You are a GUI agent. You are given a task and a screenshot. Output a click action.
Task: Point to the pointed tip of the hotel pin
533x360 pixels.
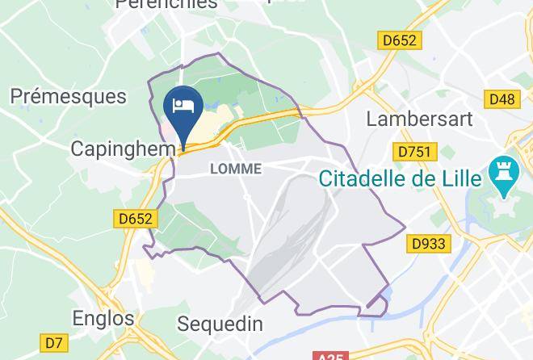183,149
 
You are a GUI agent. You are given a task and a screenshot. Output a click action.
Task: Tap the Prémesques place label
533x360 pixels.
69,97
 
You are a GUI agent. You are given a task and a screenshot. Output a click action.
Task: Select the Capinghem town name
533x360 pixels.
123,149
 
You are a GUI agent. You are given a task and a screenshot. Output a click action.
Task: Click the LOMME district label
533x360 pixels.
236,169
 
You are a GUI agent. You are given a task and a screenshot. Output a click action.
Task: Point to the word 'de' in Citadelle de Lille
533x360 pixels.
421,178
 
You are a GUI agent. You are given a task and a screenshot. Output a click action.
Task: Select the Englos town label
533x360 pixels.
103,317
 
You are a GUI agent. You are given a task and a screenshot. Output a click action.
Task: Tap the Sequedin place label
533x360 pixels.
220,324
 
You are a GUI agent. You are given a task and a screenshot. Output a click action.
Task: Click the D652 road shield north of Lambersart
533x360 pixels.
399,40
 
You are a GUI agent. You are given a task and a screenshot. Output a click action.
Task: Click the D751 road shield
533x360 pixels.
416,151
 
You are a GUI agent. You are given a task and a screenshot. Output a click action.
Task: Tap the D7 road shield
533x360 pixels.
53,343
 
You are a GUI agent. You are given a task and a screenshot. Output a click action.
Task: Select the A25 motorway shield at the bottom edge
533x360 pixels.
329,355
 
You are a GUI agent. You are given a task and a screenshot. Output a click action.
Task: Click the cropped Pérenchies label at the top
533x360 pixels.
166,4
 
